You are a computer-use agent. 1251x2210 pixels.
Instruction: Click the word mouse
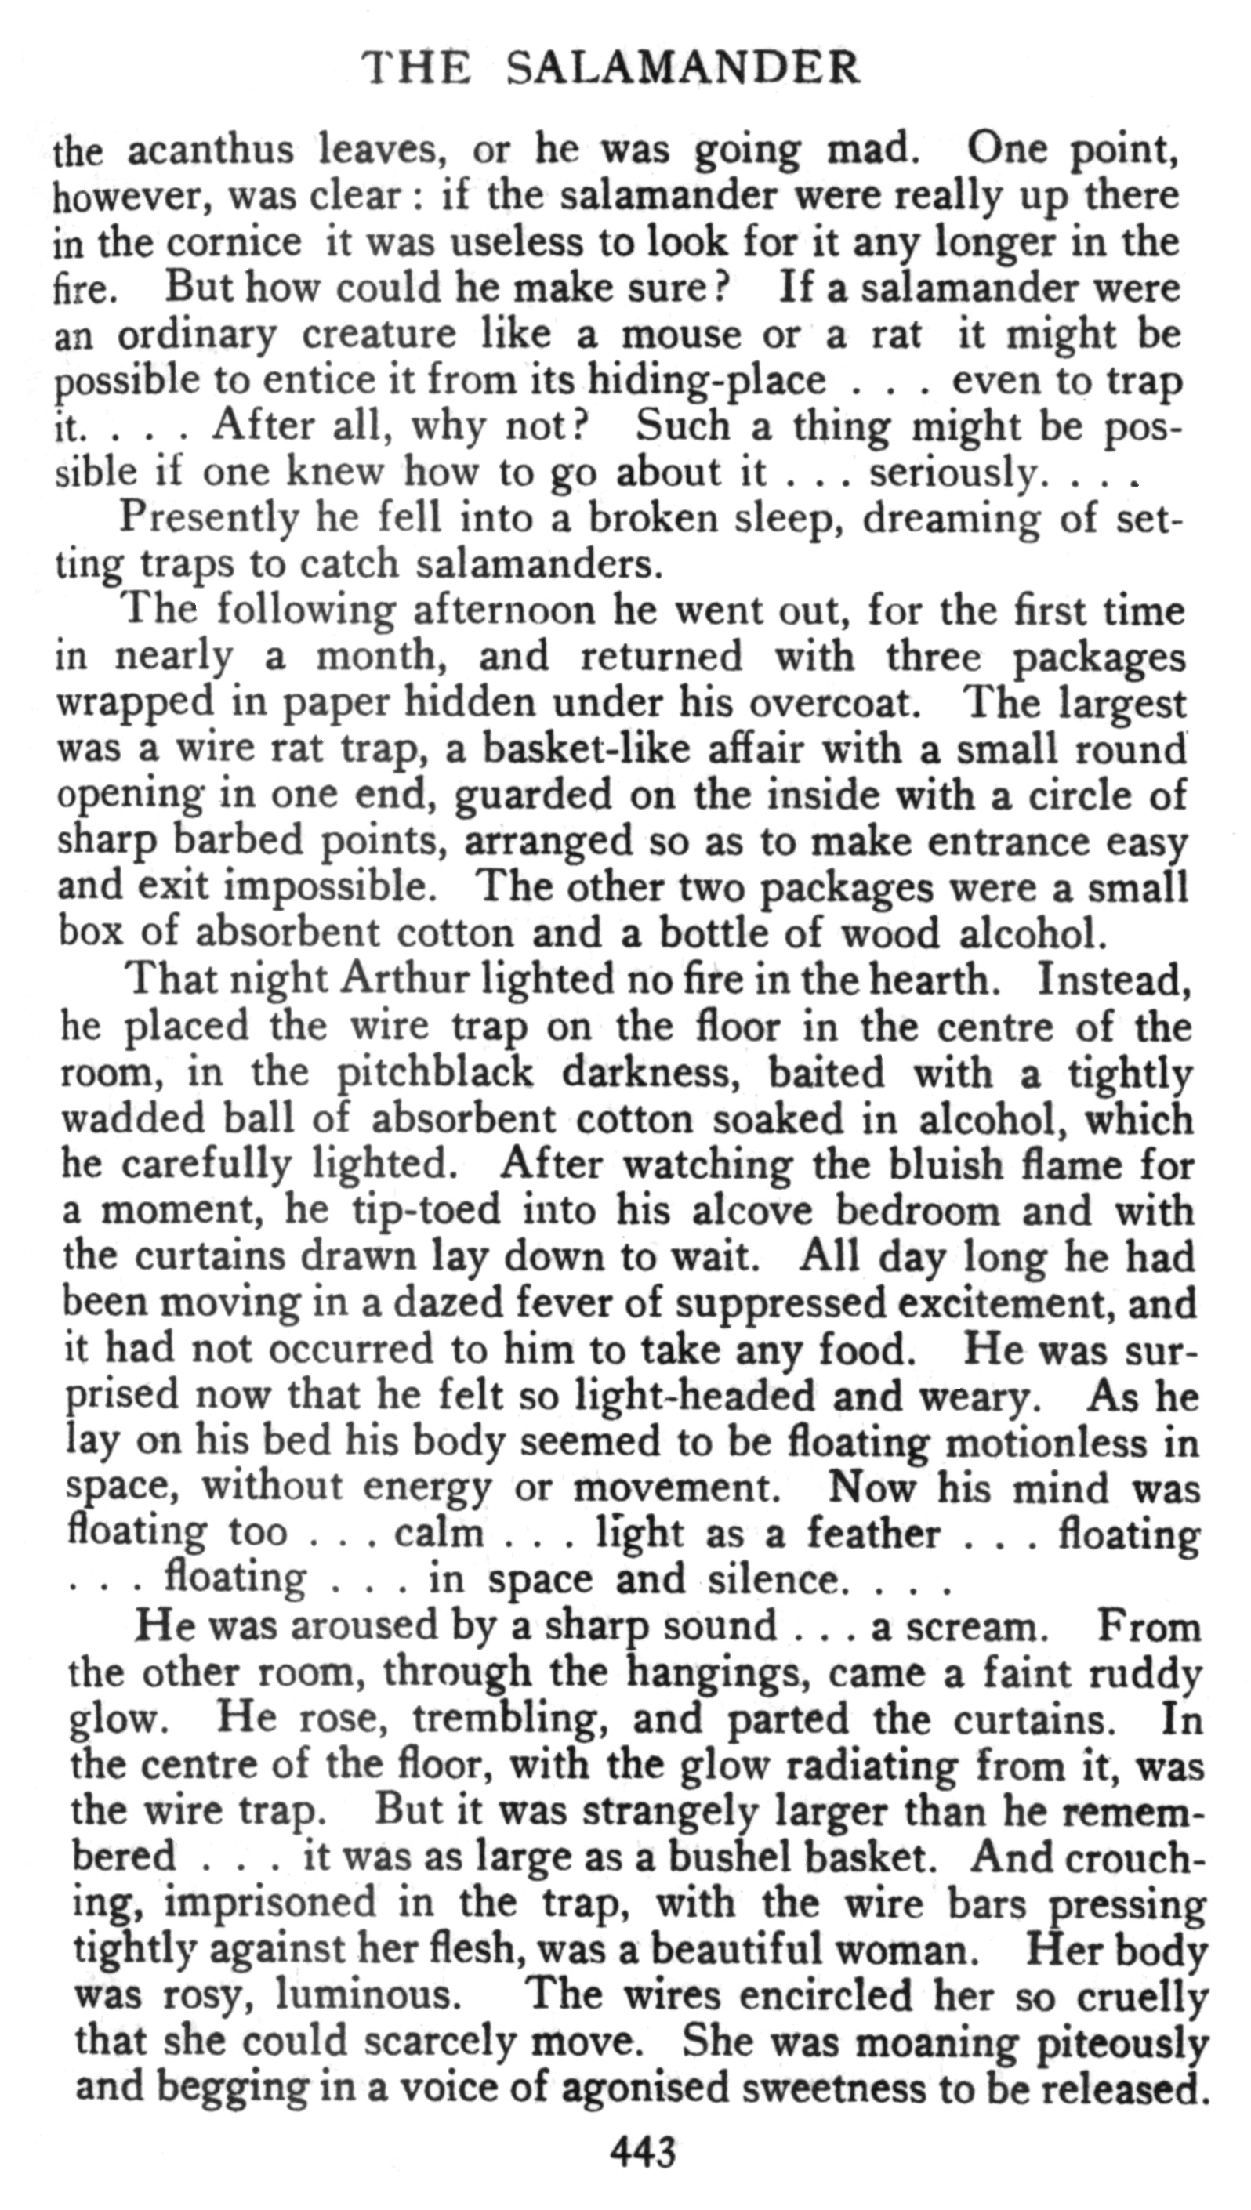pyautogui.click(x=680, y=335)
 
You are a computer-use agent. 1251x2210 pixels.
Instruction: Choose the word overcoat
pyautogui.click(x=829, y=704)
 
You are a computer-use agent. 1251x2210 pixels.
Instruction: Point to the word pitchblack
pyautogui.click(x=435, y=1073)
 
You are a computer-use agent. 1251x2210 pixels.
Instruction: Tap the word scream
pyautogui.click(x=972, y=1628)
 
